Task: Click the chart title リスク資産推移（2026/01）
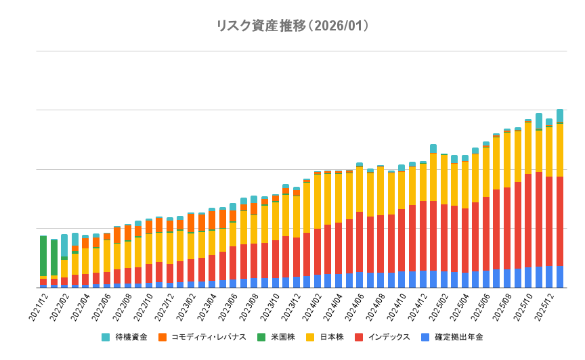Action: click(292, 26)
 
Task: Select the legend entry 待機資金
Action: click(131, 337)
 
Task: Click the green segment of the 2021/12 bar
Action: click(43, 256)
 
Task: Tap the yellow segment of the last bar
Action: click(560, 150)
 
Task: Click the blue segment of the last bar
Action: click(560, 277)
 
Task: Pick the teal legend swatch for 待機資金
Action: click(106, 337)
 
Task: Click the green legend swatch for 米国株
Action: click(261, 337)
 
